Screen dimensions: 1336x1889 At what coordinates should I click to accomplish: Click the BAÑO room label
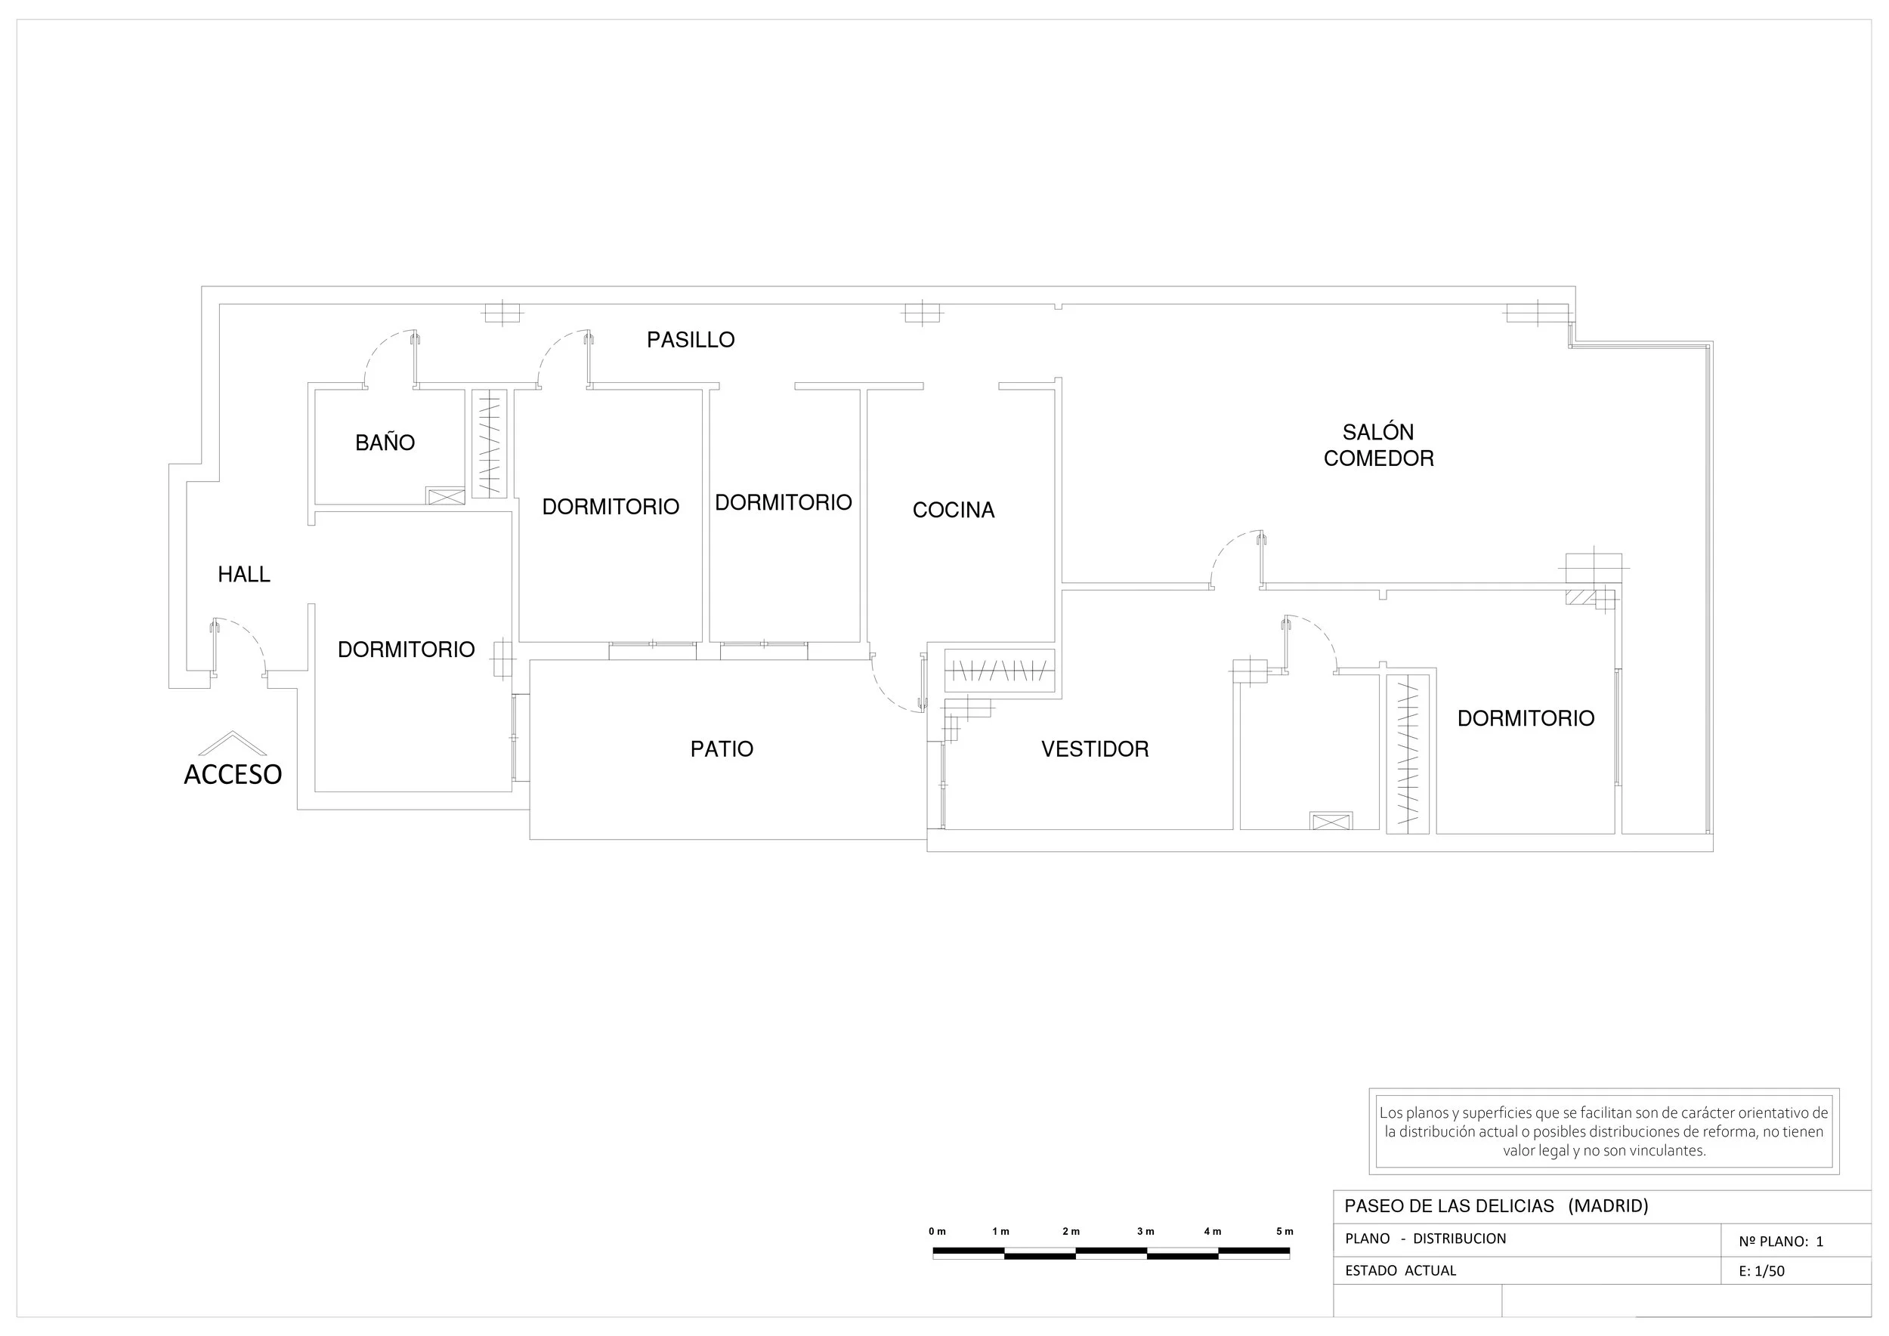[x=385, y=443]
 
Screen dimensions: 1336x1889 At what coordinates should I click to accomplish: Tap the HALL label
[x=243, y=574]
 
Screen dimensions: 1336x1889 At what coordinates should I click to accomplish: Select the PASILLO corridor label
[x=690, y=340]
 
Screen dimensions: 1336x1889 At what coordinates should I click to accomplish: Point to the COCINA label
[x=953, y=510]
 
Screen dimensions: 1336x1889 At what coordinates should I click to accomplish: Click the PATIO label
[x=721, y=748]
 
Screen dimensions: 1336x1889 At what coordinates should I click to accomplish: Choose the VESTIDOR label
[x=1095, y=748]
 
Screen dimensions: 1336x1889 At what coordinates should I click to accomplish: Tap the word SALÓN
[x=1378, y=432]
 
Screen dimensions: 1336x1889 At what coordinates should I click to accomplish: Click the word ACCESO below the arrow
[x=232, y=774]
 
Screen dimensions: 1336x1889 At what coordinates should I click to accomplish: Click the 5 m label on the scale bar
[x=1284, y=1232]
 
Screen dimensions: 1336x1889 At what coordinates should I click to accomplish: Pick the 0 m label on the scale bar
[x=937, y=1232]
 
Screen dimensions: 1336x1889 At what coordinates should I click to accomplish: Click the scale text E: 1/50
[x=1761, y=1271]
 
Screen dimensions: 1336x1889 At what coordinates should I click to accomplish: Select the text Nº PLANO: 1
[x=1780, y=1242]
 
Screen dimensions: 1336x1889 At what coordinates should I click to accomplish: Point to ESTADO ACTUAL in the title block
[x=1400, y=1271]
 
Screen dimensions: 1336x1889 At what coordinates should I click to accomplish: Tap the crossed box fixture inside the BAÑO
[x=445, y=496]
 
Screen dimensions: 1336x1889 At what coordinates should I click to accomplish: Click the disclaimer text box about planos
[x=1603, y=1131]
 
